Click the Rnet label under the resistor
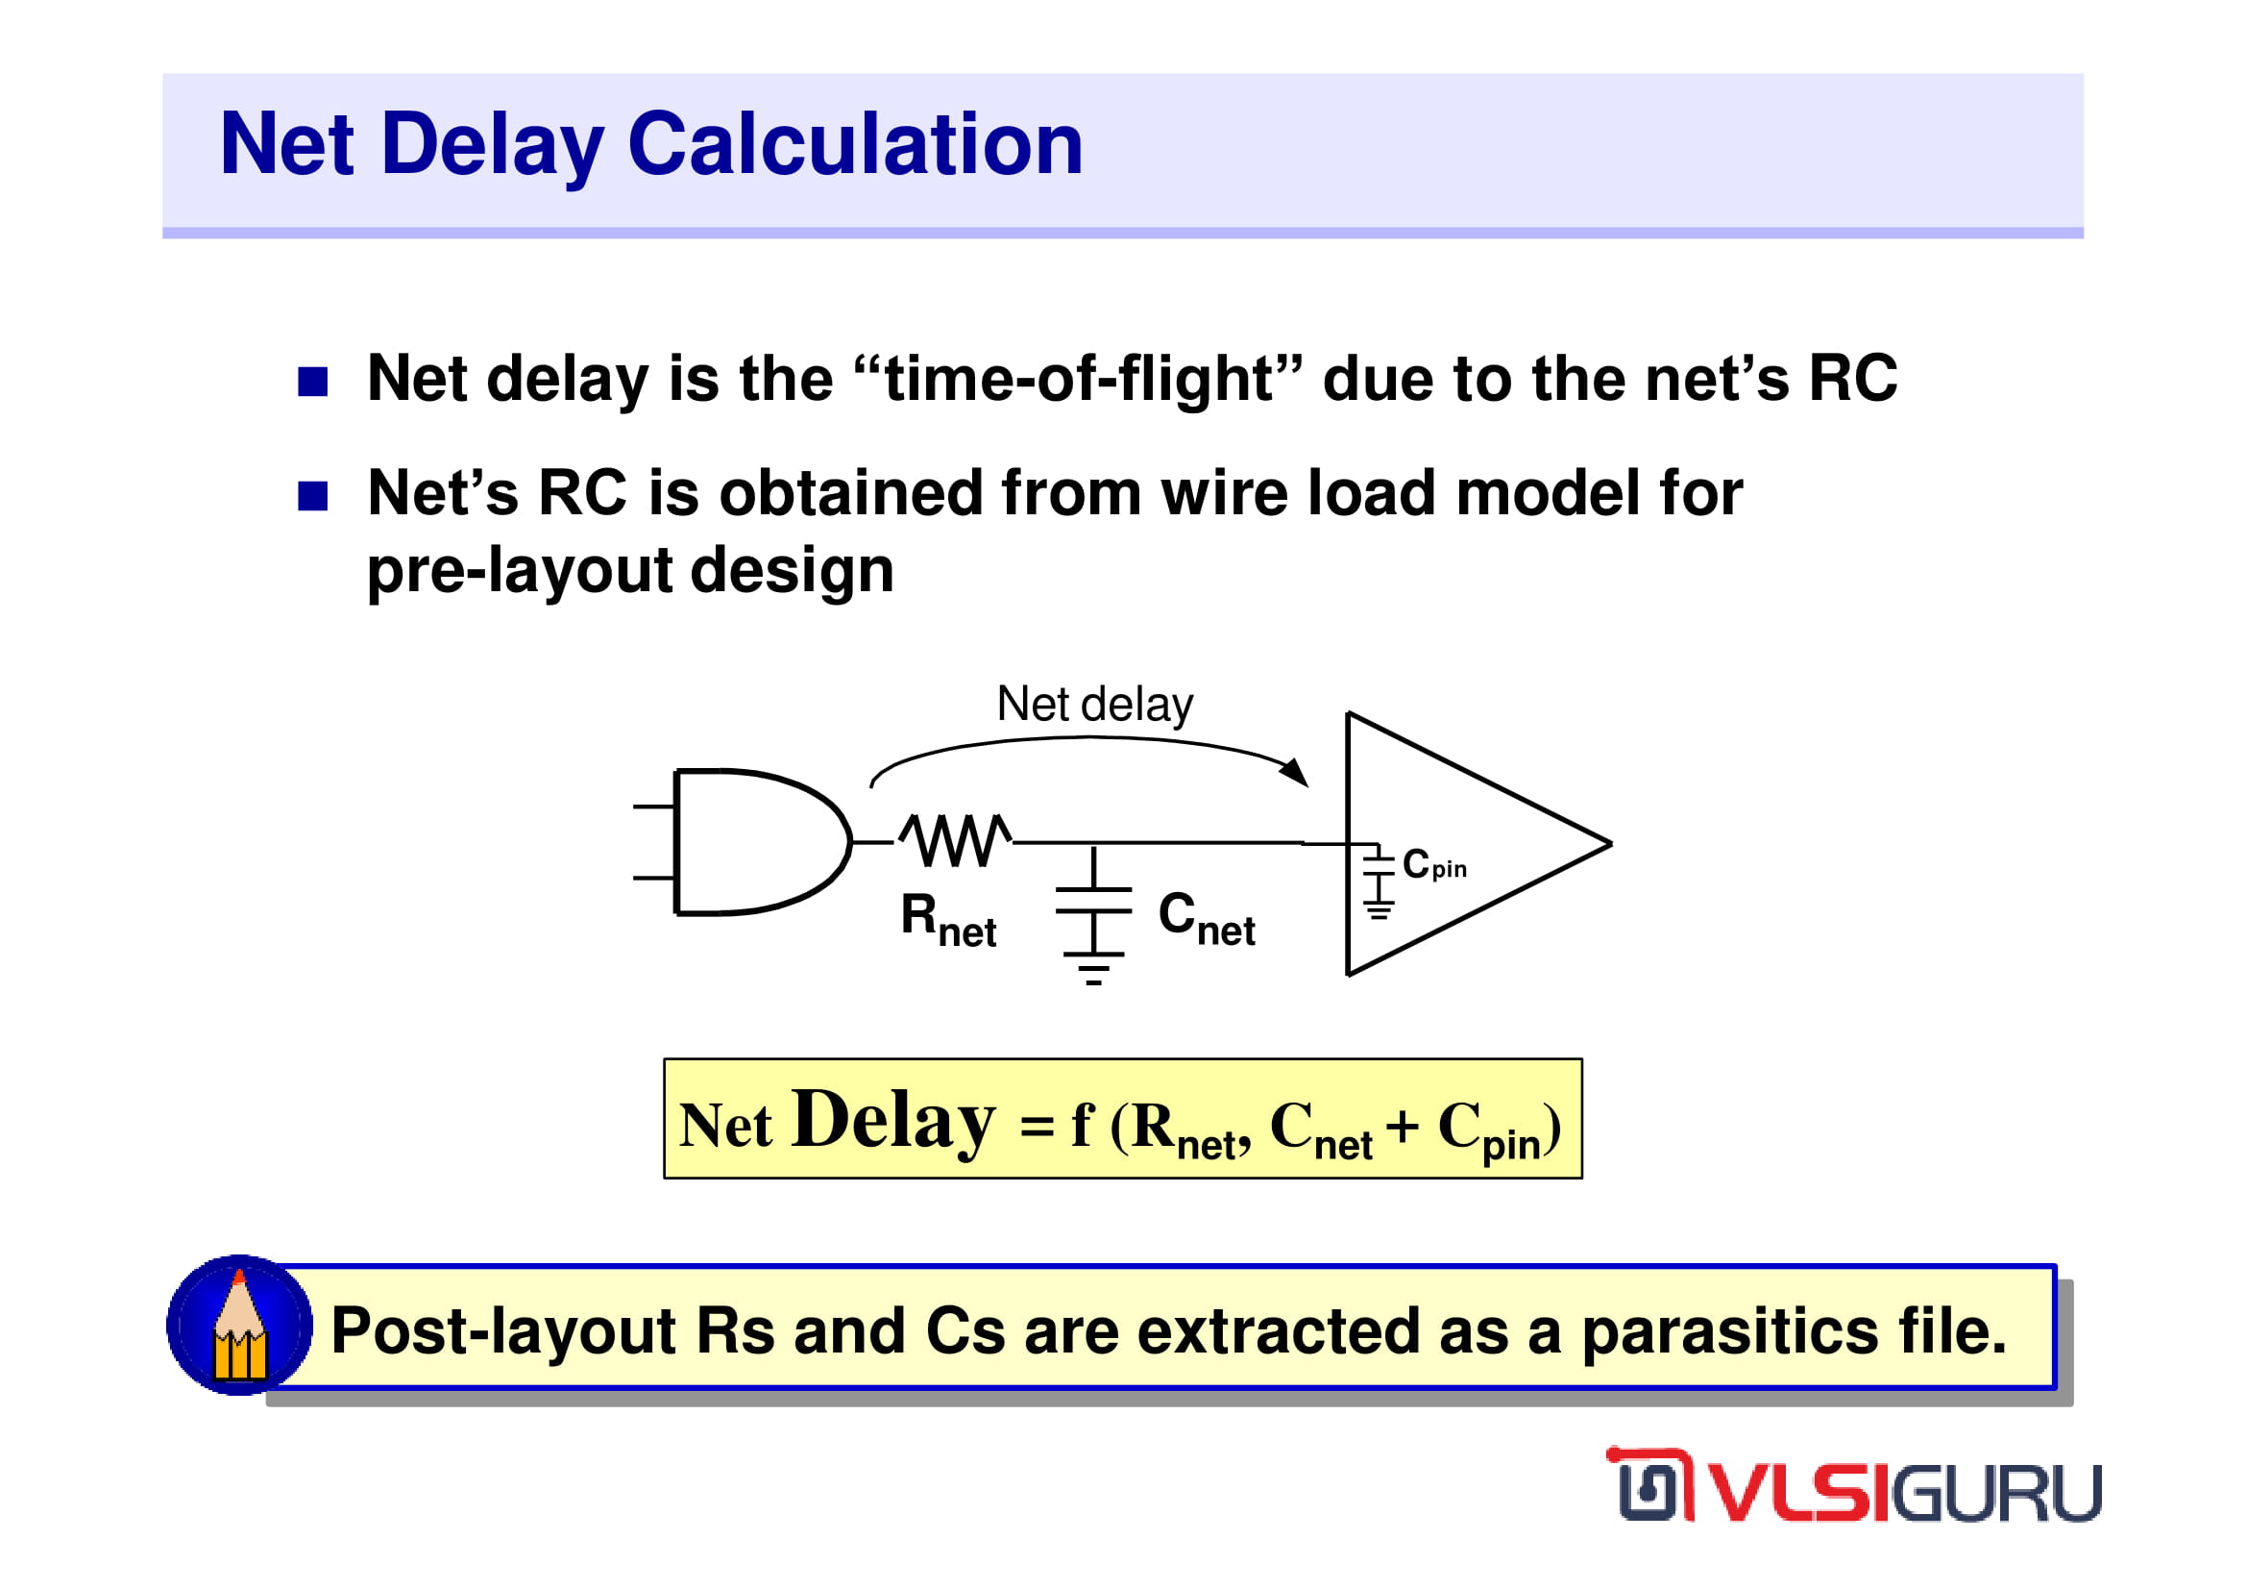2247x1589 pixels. (948, 920)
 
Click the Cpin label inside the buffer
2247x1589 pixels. (1433, 864)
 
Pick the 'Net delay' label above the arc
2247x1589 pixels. (1095, 705)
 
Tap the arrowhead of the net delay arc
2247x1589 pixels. (1296, 772)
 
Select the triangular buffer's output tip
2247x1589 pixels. (1610, 843)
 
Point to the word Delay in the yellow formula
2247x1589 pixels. (893, 1122)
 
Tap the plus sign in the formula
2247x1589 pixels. (1402, 1126)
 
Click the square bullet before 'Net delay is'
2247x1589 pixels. (312, 382)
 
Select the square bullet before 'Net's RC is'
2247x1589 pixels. (312, 496)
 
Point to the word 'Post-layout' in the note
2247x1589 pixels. (504, 1332)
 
